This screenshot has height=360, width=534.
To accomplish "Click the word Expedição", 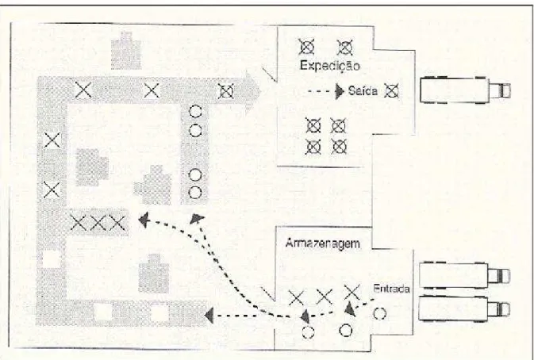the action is [x=329, y=66].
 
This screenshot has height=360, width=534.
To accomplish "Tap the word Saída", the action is [x=363, y=91].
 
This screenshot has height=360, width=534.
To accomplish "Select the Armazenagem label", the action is [x=322, y=243].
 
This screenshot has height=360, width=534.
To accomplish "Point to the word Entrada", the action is [x=391, y=289].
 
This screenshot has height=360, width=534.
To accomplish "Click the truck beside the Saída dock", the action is [x=465, y=90].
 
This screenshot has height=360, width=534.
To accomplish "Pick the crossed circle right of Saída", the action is [x=391, y=91].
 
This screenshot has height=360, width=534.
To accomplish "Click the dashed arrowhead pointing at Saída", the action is [x=340, y=91].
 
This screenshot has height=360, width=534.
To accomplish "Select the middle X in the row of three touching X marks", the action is [x=98, y=223].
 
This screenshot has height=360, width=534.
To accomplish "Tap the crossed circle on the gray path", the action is [x=226, y=91].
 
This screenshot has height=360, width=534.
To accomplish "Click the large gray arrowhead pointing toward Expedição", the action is [x=252, y=91].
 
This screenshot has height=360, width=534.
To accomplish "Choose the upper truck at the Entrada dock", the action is [x=464, y=275].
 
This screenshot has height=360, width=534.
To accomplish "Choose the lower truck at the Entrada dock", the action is [x=464, y=308].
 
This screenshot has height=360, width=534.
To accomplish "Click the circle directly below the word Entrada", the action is [x=380, y=313].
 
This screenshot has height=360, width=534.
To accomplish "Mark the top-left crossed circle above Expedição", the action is [x=306, y=47].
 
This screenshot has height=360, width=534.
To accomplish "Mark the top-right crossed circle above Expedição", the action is [x=345, y=48].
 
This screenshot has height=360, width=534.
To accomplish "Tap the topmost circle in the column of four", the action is [x=195, y=111].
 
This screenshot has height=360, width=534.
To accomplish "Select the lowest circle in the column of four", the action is [x=195, y=193].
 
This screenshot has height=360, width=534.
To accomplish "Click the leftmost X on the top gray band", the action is [x=83, y=90].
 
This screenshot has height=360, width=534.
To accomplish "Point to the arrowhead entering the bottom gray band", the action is [x=209, y=316].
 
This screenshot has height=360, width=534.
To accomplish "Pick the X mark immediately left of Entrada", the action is [x=352, y=293].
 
